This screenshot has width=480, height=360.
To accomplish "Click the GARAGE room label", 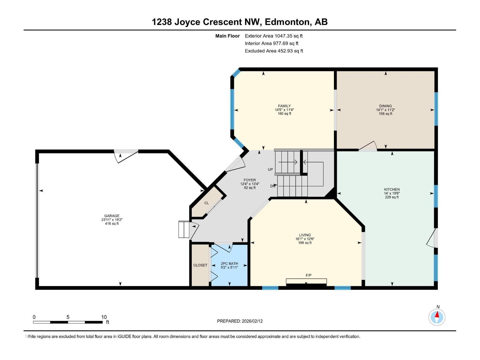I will click(112, 216).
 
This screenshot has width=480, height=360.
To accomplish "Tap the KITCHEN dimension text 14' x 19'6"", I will click(392, 193).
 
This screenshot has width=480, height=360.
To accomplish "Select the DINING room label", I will click(385, 106).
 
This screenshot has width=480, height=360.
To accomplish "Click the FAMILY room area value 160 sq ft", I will click(284, 114).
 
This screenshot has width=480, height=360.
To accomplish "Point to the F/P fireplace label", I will click(306, 275).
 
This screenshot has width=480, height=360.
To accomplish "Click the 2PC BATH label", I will click(229, 263).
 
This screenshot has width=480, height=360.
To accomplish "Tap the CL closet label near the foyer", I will click(206, 203).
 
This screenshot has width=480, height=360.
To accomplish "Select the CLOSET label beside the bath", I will click(200, 265).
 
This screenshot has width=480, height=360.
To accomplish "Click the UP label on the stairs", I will click(270, 169).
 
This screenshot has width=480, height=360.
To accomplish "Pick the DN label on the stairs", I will click(272, 186).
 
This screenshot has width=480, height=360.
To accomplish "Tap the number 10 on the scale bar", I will click(104, 317).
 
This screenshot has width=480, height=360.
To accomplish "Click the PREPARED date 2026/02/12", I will click(252, 321).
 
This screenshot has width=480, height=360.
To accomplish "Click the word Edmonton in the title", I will click(287, 22).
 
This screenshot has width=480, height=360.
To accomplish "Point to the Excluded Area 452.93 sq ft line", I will click(274, 51).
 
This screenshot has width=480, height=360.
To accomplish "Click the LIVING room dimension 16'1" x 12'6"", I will click(305, 239).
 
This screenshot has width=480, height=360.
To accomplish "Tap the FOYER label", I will click(250, 180).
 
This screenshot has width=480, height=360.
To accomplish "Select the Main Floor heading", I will click(227, 36).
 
